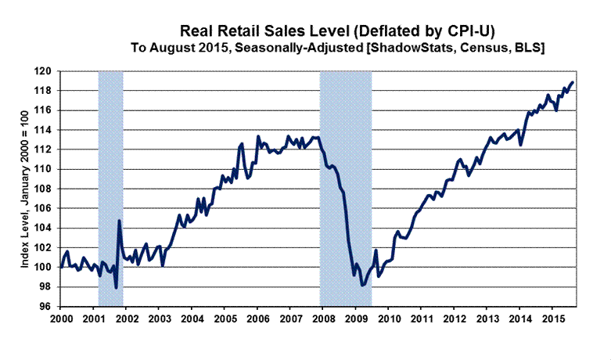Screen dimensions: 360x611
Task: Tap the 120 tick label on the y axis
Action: click(47, 71)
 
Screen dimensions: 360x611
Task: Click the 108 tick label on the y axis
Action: click(47, 189)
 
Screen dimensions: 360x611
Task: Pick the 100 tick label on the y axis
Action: click(47, 267)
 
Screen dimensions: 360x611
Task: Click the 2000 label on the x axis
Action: click(61, 320)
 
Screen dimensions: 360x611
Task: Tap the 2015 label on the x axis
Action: click(552, 320)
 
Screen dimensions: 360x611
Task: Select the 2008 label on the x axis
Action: click(323, 320)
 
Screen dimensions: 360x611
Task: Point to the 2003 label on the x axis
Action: click(159, 320)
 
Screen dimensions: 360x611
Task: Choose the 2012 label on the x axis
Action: click(454, 320)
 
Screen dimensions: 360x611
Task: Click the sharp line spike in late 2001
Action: click(119, 221)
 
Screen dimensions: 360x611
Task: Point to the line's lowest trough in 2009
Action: click(362, 286)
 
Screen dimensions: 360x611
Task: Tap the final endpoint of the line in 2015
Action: click(573, 82)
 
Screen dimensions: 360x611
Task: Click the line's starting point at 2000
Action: click(61, 267)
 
